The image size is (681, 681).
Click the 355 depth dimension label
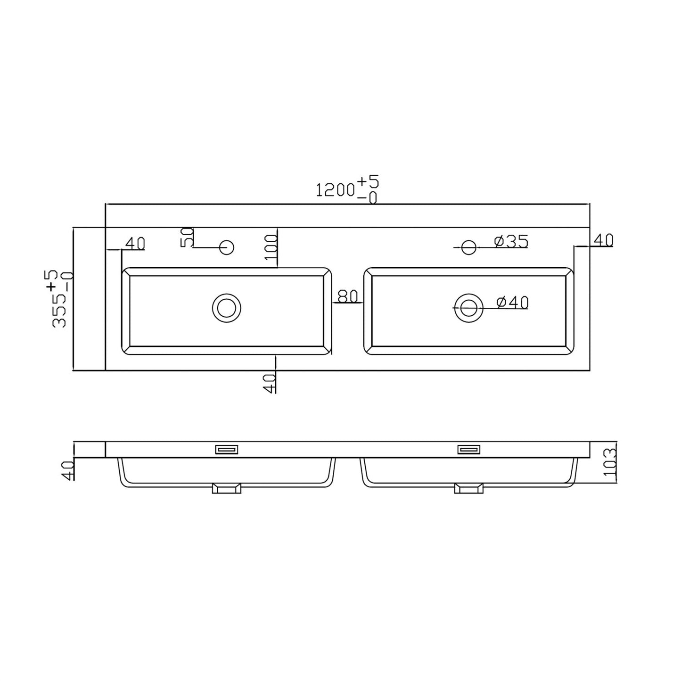coord(60,299)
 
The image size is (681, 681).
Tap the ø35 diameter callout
coord(511,241)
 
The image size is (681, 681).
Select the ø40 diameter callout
coord(512,302)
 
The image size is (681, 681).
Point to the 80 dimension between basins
coord(348,296)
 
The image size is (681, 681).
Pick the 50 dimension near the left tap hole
coord(188,237)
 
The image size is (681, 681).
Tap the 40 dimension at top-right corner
coord(603,240)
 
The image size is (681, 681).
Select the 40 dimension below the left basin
coord(270,383)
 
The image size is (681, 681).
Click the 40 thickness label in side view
coord(68,470)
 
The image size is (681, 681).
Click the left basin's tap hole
coord(227,247)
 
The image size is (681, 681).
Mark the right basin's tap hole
coord(468,247)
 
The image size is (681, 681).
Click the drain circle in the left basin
coord(227,308)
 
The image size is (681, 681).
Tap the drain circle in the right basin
coord(468,308)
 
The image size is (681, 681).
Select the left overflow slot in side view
coord(227,450)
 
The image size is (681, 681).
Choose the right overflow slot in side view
coord(468,450)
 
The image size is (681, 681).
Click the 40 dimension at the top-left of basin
coord(135,243)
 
